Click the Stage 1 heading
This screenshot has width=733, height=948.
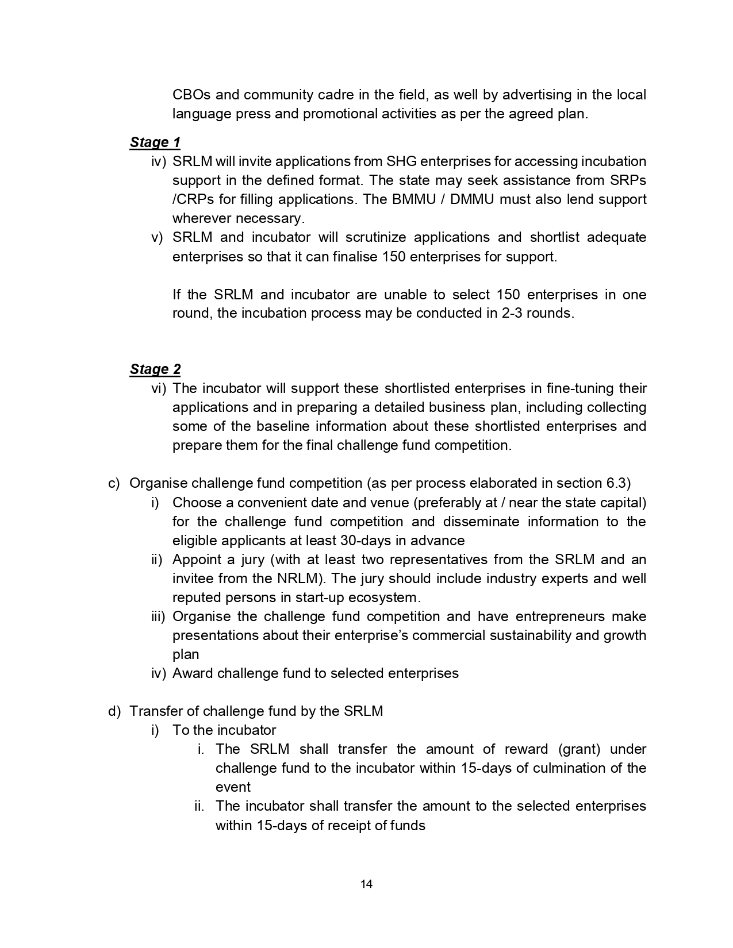pos(155,142)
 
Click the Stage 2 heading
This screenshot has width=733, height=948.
pos(155,369)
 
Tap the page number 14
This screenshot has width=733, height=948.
pos(366,884)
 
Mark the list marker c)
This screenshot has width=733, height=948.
pos(114,484)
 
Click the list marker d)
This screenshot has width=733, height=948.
pos(114,711)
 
